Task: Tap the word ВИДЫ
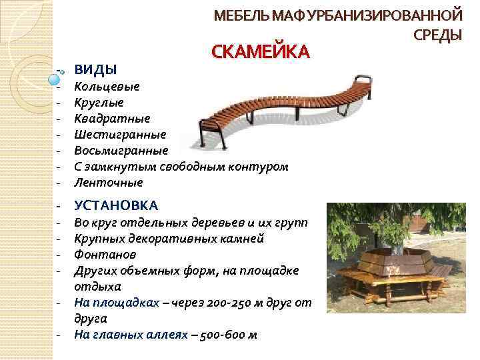[95, 69]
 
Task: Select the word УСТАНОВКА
[116, 205]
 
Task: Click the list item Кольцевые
[107, 87]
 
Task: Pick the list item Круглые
[99, 103]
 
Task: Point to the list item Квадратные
[112, 119]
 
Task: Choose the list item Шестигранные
[120, 134]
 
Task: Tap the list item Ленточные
[108, 181]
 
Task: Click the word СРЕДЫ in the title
[438, 34]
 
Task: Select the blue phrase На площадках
[116, 303]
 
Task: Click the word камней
[245, 239]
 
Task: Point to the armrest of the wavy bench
[364, 81]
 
